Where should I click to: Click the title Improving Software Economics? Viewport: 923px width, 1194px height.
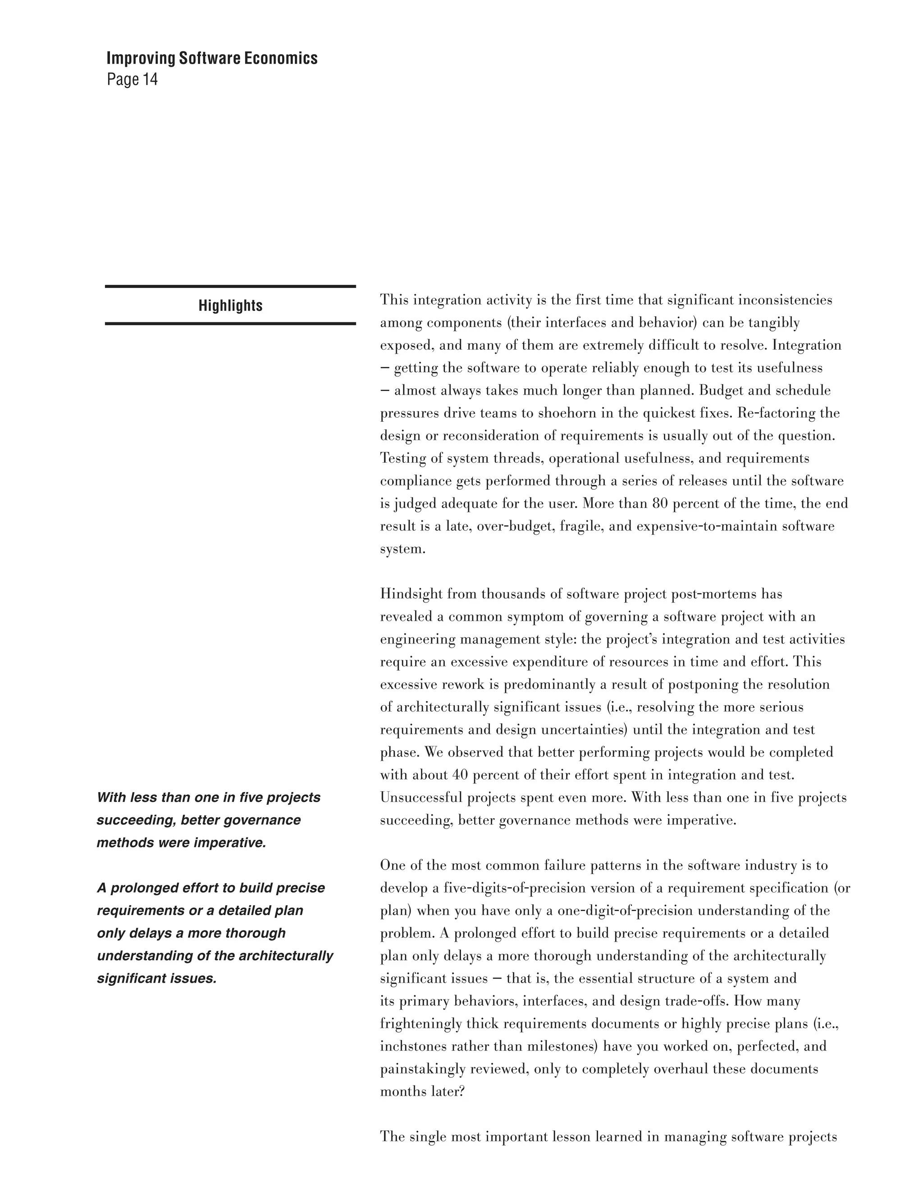(212, 58)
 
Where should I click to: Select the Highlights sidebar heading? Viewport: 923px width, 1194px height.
(230, 305)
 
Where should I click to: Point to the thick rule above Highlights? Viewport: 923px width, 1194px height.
(230, 286)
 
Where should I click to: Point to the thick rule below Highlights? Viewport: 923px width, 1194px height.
(230, 324)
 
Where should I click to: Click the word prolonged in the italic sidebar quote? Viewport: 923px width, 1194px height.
(145, 889)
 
